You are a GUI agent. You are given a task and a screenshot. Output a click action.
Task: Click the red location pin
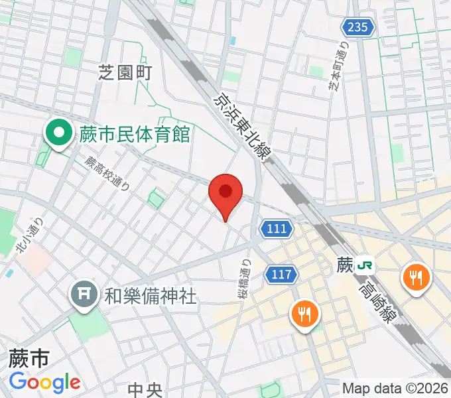pyautogui.click(x=225, y=194)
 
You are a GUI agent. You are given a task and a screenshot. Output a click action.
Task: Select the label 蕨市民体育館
pyautogui.click(x=135, y=135)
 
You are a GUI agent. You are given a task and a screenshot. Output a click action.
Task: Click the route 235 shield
pyautogui.click(x=358, y=27)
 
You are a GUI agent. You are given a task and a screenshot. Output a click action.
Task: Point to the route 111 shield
pyautogui.click(x=277, y=229)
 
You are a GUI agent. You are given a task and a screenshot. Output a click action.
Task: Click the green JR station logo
pyautogui.click(x=363, y=265)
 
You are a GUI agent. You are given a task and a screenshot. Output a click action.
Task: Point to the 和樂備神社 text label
pyautogui.click(x=151, y=296)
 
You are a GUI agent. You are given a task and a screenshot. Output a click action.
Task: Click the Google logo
pyautogui.click(x=44, y=382)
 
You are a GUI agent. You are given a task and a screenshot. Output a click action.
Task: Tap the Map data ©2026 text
pyautogui.click(x=395, y=388)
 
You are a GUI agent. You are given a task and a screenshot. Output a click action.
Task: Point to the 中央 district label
pyautogui.click(x=146, y=388)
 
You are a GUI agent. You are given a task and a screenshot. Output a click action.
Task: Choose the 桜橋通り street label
pyautogui.click(x=243, y=275)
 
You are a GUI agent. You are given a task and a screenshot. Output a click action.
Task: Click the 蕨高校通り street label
pyautogui.click(x=106, y=173)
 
